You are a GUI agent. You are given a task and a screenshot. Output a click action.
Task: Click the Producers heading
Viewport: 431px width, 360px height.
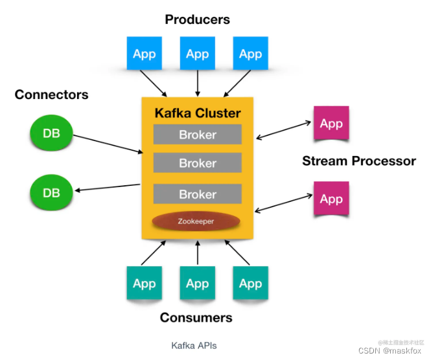[197, 19]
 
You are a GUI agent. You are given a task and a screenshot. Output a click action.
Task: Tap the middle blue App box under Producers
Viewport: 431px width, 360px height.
[197, 54]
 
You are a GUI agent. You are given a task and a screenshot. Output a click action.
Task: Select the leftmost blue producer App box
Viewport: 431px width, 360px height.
[144, 54]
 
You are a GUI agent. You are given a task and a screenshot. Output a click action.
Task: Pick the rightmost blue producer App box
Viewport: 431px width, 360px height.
[250, 54]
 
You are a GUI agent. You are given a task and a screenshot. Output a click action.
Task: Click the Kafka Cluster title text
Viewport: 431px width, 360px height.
[197, 113]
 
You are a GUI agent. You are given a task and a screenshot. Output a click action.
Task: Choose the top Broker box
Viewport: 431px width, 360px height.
[197, 135]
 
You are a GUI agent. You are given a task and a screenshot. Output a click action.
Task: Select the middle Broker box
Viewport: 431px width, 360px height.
[197, 163]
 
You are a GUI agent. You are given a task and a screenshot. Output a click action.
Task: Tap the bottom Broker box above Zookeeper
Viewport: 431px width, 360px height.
[197, 194]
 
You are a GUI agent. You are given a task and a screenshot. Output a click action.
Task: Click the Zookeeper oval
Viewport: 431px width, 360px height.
[196, 221]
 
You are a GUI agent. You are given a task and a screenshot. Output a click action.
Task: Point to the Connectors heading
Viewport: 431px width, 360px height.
[51, 95]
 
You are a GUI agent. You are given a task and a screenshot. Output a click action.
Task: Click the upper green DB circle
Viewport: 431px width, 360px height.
[51, 133]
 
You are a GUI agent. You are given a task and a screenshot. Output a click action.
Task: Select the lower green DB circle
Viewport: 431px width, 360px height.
[51, 193]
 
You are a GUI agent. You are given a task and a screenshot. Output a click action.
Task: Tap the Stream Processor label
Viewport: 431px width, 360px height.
[358, 161]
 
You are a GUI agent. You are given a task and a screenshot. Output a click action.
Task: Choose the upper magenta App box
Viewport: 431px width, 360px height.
[331, 124]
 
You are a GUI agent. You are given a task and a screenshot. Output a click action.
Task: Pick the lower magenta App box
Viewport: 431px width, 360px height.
[331, 198]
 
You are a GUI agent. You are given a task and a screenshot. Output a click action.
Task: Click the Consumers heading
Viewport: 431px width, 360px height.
[196, 318]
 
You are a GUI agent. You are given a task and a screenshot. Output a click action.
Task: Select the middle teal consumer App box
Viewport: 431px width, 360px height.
[197, 283]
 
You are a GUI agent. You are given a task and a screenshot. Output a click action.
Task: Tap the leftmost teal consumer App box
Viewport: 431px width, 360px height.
[144, 283]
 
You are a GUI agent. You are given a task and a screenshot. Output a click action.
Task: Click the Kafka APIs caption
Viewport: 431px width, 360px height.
[194, 345]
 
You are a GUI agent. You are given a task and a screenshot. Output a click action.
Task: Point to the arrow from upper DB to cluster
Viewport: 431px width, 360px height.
[108, 144]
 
